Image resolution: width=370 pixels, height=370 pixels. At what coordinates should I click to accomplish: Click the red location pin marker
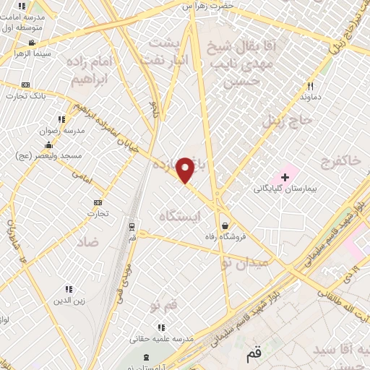[x=186, y=170]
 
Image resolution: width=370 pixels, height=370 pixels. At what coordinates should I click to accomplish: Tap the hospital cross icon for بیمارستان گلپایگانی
[x=285, y=177]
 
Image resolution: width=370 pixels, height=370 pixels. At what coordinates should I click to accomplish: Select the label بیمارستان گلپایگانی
[x=285, y=189]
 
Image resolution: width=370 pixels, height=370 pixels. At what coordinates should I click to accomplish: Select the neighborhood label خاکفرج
[x=343, y=160]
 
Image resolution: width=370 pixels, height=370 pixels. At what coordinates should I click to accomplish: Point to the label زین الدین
[x=69, y=300]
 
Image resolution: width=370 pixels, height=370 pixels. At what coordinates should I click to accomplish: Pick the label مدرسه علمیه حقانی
[x=161, y=338]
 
